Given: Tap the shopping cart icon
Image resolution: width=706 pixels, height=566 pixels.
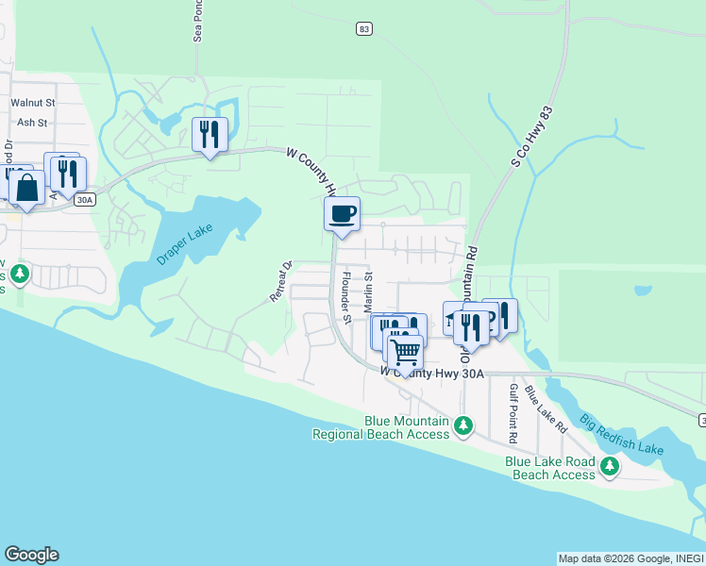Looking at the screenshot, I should click(405, 353).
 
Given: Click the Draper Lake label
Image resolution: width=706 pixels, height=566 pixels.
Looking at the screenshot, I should click(186, 244).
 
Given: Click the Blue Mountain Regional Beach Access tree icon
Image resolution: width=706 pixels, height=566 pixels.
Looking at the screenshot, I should click(462, 426).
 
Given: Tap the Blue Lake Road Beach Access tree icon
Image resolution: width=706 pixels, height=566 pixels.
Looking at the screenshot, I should click(610, 466).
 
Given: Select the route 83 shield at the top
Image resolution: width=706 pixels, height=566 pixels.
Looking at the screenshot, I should click(363, 29).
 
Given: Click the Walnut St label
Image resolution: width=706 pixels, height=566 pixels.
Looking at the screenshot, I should click(33, 101).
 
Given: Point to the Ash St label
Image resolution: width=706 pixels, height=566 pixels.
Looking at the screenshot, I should click(32, 122).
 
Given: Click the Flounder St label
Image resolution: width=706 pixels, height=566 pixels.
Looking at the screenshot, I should click(346, 297).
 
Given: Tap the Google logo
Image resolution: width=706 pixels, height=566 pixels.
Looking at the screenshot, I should click(31, 555).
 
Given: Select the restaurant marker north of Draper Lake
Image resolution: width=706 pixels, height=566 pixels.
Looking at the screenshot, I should click(210, 134).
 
